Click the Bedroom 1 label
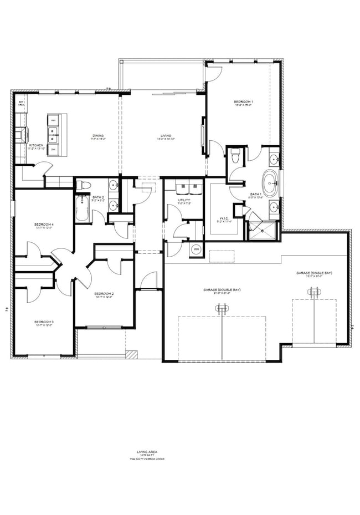coord(244,102)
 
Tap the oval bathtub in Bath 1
coord(270,185)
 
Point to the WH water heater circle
coord(196,249)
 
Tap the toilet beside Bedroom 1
coord(235,156)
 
